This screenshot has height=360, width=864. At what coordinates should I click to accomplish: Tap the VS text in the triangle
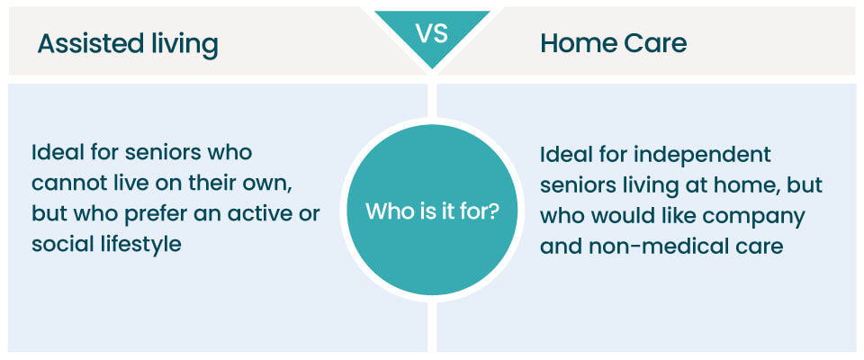[430, 34]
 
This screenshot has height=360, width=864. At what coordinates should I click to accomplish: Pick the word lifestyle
[141, 244]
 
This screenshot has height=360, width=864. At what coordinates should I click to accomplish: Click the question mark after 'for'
[497, 213]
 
